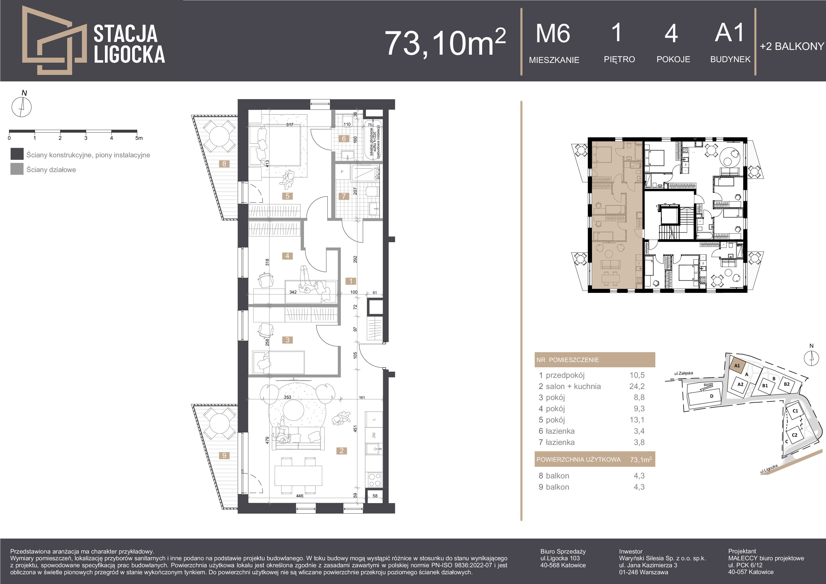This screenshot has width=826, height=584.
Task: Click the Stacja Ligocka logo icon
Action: [54, 40]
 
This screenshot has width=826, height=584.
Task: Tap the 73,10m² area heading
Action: [445, 43]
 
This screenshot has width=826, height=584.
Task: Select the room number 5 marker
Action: [287, 196]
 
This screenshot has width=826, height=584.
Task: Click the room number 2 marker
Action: [341, 451]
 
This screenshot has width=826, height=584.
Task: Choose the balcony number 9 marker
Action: [224, 455]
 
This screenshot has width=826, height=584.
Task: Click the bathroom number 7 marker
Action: [344, 196]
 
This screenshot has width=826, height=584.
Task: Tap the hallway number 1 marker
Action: [351, 281]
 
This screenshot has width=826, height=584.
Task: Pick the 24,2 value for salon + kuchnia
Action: [637, 386]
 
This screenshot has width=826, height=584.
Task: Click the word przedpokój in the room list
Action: [565, 375]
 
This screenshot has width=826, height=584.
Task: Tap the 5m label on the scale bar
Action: [139, 138]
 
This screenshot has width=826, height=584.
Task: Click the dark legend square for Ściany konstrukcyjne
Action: [17, 154]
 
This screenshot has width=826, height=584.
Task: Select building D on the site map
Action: [711, 396]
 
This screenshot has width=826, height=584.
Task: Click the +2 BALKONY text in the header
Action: [792, 46]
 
